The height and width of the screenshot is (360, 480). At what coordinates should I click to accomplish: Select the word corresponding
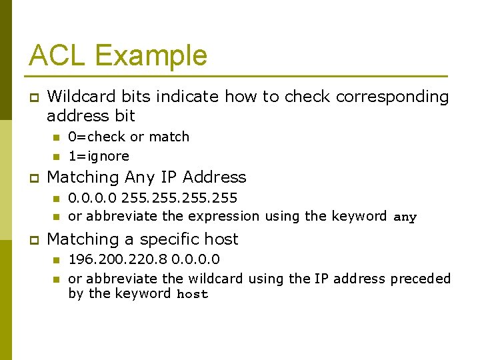click(x=393, y=97)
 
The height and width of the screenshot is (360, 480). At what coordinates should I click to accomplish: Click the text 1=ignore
click(x=99, y=156)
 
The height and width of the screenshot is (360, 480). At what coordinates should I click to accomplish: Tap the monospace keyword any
click(x=405, y=217)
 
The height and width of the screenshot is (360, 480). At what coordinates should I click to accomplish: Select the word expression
click(x=224, y=216)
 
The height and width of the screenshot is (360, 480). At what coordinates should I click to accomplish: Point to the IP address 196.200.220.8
click(x=117, y=259)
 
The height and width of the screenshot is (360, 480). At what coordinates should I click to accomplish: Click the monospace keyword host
click(x=192, y=294)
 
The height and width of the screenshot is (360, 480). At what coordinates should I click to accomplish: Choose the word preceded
click(x=421, y=278)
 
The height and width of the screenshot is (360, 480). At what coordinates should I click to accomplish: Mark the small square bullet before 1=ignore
click(x=57, y=157)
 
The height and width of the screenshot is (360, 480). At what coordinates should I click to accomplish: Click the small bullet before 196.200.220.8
click(x=57, y=259)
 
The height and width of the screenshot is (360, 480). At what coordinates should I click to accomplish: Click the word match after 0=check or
click(x=169, y=137)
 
